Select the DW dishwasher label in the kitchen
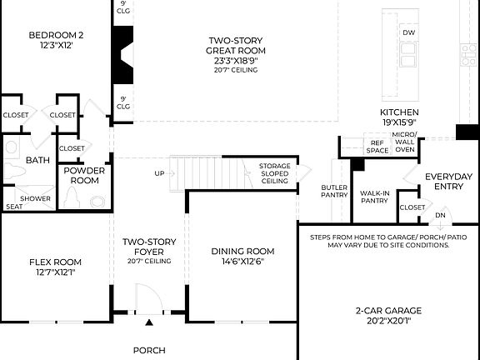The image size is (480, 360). pyautogui.click(x=408, y=32)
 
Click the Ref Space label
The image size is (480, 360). pyautogui.click(x=378, y=147)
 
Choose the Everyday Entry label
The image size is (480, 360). pyautogui.click(x=448, y=181)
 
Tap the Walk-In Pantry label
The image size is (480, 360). pyautogui.click(x=375, y=196)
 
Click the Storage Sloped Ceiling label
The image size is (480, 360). pyautogui.click(x=274, y=173)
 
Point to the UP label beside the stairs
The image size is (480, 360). pyautogui.click(x=159, y=173)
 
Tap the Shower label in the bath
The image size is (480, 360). pyautogui.click(x=36, y=199)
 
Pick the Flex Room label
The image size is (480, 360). pyautogui.click(x=55, y=267)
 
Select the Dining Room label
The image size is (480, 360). pyautogui.click(x=242, y=256)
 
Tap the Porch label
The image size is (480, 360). pyautogui.click(x=149, y=350)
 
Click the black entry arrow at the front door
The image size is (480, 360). pyautogui.click(x=149, y=322)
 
